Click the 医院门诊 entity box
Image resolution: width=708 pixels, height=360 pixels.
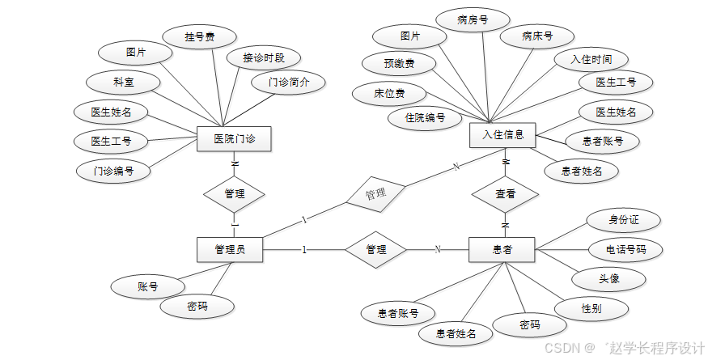[234, 139]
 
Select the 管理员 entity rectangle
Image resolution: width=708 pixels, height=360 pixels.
[230, 249]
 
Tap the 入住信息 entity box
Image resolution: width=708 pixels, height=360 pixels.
[502, 135]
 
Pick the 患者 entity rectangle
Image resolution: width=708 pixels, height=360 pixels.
[502, 249]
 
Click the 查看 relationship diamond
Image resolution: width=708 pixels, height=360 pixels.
[506, 194]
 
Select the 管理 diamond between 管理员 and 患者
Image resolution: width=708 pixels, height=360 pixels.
[375, 249]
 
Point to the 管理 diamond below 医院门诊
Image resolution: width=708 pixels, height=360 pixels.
[234, 194]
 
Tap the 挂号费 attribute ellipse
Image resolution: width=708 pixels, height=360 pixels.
[199, 36]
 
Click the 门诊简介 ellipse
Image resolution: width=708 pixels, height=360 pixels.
[289, 82]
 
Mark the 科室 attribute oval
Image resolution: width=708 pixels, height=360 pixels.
[123, 82]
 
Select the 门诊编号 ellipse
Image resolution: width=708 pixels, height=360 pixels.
[113, 171]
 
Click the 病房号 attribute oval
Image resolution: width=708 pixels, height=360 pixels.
[472, 19]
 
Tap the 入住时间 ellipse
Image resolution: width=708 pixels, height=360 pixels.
[591, 59]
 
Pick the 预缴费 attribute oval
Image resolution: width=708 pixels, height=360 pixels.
[399, 62]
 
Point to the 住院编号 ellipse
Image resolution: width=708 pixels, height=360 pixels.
[426, 118]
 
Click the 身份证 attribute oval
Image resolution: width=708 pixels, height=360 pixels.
[624, 219]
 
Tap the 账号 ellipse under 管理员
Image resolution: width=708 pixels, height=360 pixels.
[147, 286]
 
